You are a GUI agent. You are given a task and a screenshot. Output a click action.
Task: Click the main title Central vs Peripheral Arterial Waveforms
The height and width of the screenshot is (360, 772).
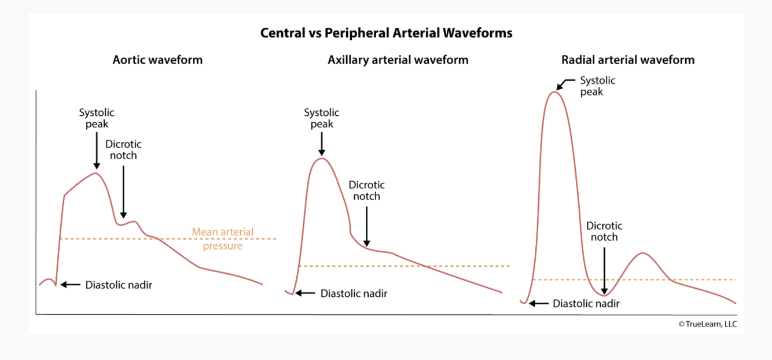tap(386, 33)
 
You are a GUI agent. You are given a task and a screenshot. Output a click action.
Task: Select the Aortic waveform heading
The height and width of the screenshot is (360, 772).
tap(157, 60)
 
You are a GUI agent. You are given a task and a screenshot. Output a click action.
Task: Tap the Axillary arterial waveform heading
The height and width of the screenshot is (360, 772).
tap(398, 60)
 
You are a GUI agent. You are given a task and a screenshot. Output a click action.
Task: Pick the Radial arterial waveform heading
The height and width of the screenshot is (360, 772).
tap(627, 60)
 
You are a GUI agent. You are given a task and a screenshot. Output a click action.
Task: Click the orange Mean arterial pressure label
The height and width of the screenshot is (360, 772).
tap(223, 239)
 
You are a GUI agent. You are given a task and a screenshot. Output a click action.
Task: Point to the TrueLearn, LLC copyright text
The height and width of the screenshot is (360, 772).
tap(707, 324)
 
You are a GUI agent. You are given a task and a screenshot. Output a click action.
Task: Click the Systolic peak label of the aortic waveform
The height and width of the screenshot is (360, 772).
tap(97, 118)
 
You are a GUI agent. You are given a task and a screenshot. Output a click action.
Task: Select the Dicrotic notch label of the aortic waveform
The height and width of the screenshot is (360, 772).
tap(123, 149)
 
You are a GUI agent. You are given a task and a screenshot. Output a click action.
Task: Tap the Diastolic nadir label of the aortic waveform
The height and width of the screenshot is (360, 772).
tap(119, 285)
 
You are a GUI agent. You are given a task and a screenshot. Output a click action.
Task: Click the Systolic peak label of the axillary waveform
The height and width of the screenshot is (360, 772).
tap(322, 118)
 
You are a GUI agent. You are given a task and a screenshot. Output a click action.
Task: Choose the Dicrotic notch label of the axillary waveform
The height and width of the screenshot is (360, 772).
tap(366, 190)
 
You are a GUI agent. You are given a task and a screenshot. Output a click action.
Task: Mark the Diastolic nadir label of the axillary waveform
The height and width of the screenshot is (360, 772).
tap(354, 293)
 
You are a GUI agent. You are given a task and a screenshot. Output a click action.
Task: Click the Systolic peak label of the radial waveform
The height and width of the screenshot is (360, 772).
tap(598, 86)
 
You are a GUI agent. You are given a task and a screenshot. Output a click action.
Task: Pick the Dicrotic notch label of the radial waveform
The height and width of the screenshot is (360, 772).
tap(604, 231)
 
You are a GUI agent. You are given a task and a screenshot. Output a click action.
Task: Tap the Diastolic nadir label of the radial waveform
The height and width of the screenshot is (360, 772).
tap(586, 303)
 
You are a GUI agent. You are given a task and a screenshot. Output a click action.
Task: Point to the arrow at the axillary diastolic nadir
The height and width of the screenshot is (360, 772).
tap(305, 293)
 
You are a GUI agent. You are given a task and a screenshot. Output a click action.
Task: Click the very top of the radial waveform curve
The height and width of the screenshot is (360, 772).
tap(554, 91)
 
